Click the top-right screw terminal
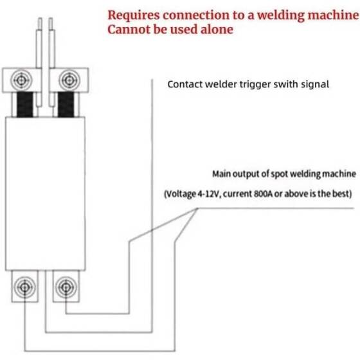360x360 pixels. [67, 80]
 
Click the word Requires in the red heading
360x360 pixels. [130, 14]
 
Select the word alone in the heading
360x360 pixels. [214, 30]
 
